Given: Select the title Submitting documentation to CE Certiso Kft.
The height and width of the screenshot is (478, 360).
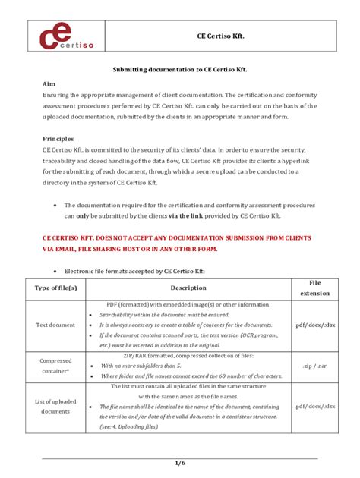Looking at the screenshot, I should [x=179, y=68].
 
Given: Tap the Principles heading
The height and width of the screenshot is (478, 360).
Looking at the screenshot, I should [x=58, y=139].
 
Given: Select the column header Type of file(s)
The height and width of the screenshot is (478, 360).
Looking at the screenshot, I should [x=55, y=288].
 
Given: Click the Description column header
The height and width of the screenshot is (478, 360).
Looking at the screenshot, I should [x=188, y=288].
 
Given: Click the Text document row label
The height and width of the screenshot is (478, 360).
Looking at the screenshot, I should [x=55, y=325].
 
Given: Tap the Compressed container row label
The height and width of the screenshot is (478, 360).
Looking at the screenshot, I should [x=55, y=366].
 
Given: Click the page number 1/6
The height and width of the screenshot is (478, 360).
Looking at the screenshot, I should [x=179, y=462].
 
